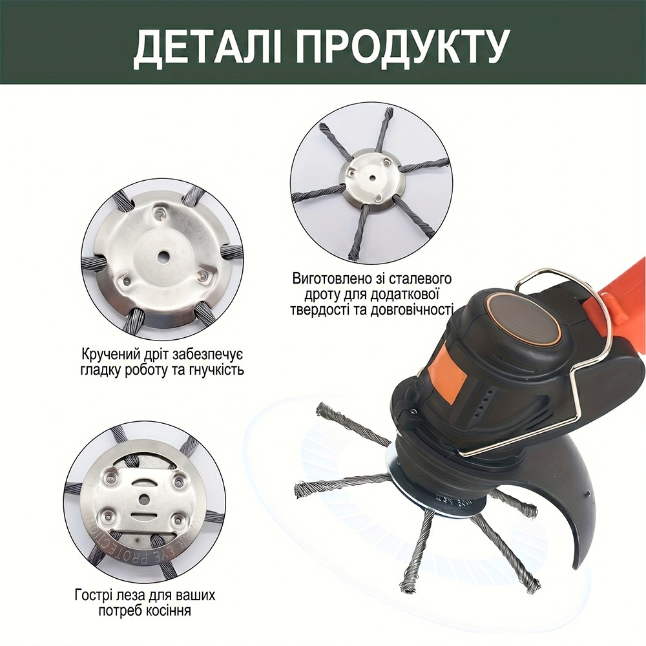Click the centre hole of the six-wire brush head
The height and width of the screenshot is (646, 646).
[371, 178]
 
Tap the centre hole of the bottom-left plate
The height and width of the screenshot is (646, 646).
[144, 499]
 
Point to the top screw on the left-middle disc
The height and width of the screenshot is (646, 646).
[160, 213]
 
